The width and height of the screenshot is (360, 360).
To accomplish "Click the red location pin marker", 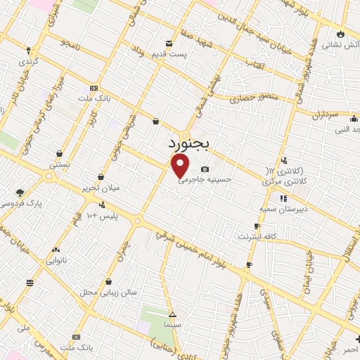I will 181,166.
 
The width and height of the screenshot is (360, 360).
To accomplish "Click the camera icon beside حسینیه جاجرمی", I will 205,169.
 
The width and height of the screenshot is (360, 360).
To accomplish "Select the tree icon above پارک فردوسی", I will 20,192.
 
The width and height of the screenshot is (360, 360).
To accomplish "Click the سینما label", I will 173,326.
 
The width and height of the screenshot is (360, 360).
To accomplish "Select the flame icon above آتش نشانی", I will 340,34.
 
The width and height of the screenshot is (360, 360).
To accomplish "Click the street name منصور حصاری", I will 257,96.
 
